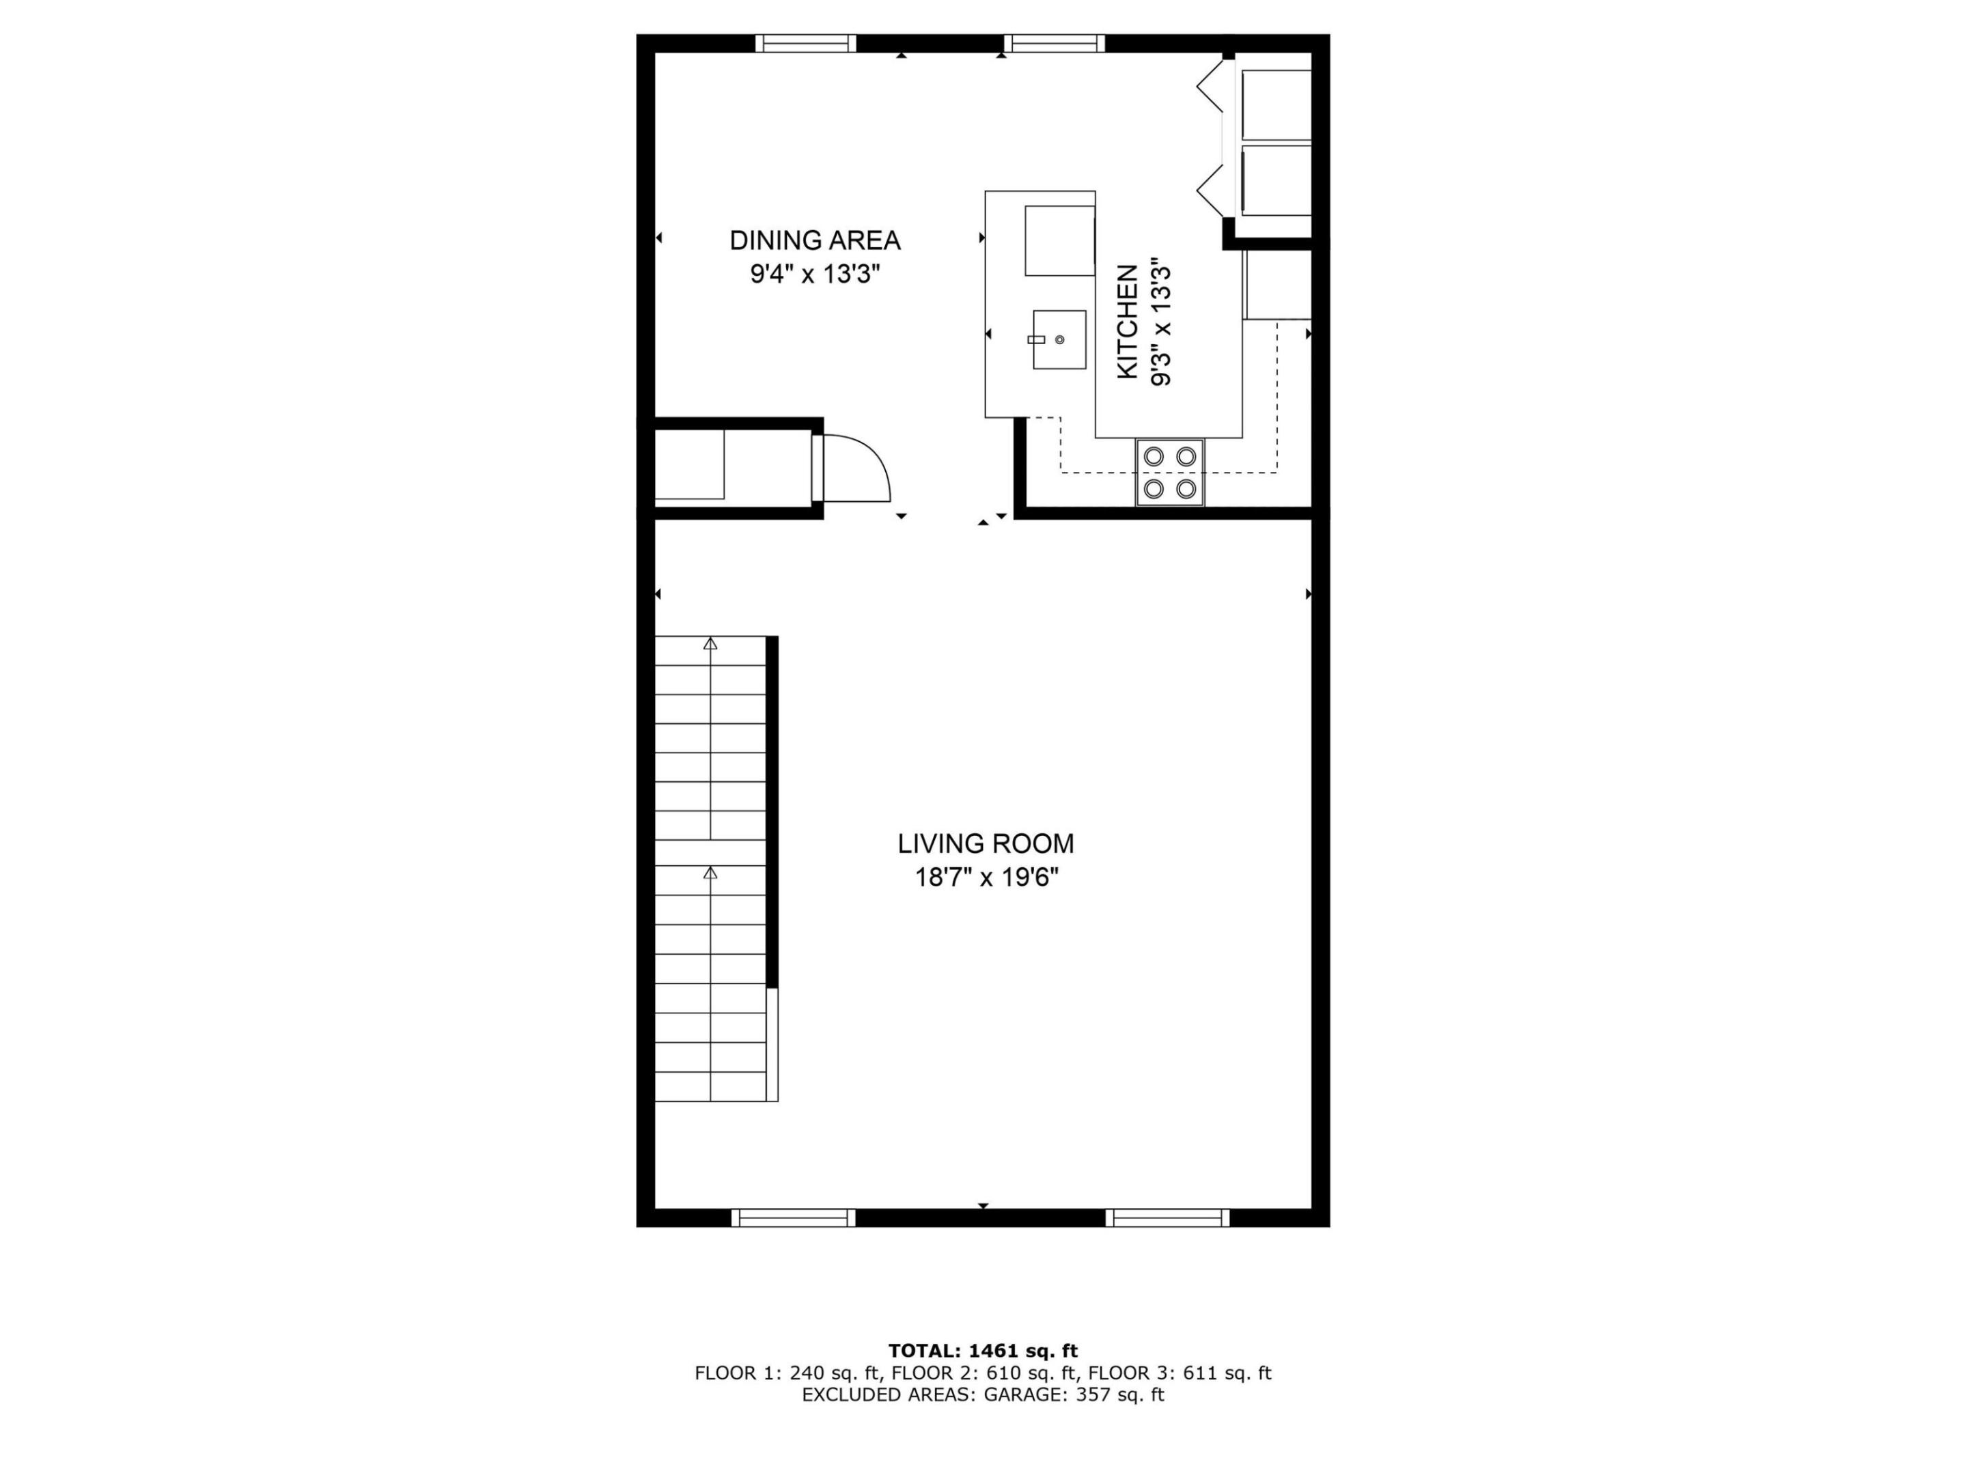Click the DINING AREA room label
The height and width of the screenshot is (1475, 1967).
815,240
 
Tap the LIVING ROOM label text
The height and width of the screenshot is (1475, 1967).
986,843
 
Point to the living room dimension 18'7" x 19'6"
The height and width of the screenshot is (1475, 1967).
986,877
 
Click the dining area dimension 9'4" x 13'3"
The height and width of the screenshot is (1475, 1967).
815,274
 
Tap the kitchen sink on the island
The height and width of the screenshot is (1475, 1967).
1059,339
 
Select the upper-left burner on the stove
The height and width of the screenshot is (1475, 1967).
1154,456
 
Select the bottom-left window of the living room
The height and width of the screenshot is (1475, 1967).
793,1218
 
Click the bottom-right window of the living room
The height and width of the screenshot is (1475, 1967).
1168,1218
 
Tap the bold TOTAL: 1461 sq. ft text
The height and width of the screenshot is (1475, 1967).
983,1351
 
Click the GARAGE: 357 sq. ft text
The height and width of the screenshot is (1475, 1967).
1074,1394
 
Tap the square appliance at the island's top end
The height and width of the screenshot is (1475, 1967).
1059,241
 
